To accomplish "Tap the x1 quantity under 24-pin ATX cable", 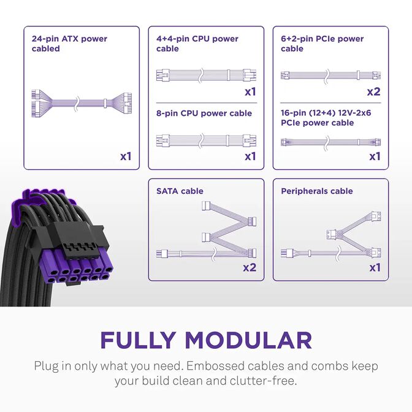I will click(126, 156).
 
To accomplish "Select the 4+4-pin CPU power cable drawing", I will click(206, 75).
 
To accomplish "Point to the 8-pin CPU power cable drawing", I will click(206, 139).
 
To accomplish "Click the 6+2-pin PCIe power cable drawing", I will click(330, 76).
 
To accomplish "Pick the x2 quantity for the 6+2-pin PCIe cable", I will click(373, 92).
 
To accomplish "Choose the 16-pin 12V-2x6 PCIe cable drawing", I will click(330, 142).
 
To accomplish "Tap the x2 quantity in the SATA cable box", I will click(249, 267).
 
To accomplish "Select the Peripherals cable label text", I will click(316, 191).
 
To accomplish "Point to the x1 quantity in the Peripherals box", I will click(375, 267).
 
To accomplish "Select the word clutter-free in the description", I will click(268, 381).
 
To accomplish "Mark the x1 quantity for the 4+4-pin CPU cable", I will click(250, 92).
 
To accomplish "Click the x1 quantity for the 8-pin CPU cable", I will click(250, 156).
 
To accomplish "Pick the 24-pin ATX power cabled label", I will click(69, 44).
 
